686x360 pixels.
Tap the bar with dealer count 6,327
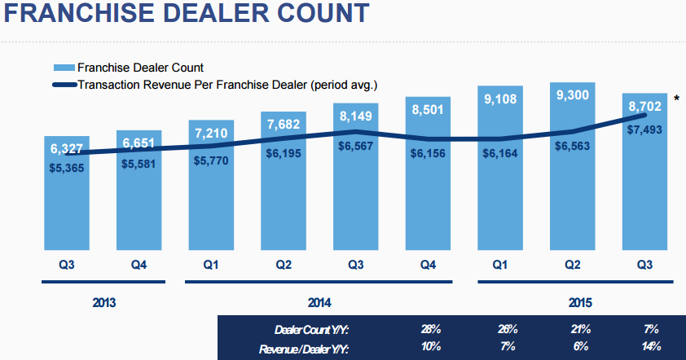click(66, 204)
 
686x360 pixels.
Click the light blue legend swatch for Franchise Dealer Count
click(64, 68)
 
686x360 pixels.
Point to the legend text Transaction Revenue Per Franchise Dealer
click(227, 83)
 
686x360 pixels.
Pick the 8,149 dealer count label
click(355, 116)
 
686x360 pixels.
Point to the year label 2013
click(103, 303)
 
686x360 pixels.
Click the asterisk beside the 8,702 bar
click(676, 99)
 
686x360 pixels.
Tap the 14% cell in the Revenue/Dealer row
click(651, 348)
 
